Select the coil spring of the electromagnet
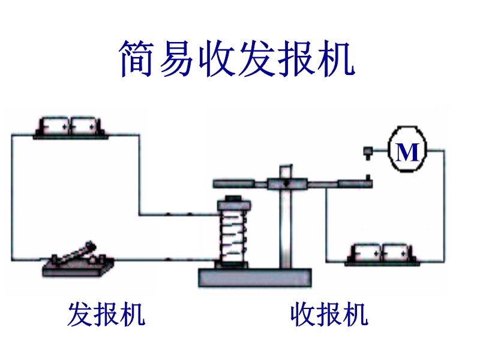233,235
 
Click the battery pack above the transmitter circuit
71,127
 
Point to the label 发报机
106,314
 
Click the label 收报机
328,314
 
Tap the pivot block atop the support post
287,183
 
